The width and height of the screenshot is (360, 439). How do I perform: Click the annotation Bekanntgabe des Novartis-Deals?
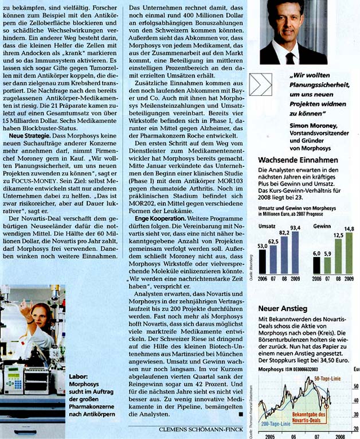click(308, 416)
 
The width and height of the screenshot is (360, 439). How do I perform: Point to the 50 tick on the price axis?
click(355, 387)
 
